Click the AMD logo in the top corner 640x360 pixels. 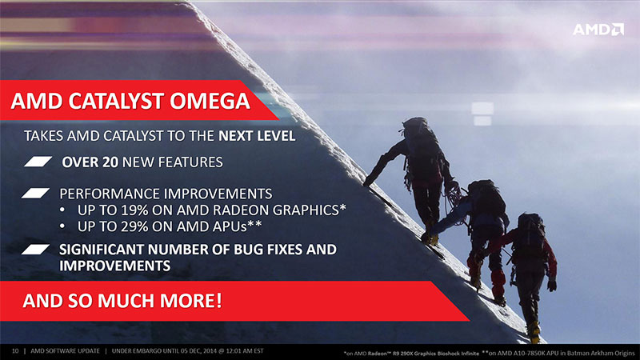(598, 30)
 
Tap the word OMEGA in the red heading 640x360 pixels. (210, 102)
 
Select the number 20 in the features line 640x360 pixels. (110, 162)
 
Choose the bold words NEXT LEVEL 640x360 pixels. (257, 136)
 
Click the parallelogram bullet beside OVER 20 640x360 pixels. (38, 162)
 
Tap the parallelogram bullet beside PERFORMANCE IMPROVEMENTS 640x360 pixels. (35, 193)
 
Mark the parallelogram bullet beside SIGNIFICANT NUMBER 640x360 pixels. (35, 249)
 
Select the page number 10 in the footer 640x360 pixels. (15, 351)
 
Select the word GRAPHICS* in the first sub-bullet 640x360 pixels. (310, 210)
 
